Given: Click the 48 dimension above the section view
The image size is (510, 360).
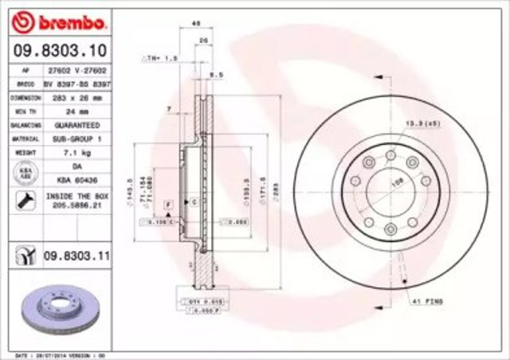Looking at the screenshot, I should [196, 25].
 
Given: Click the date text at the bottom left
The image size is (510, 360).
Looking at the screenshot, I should [48, 354].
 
